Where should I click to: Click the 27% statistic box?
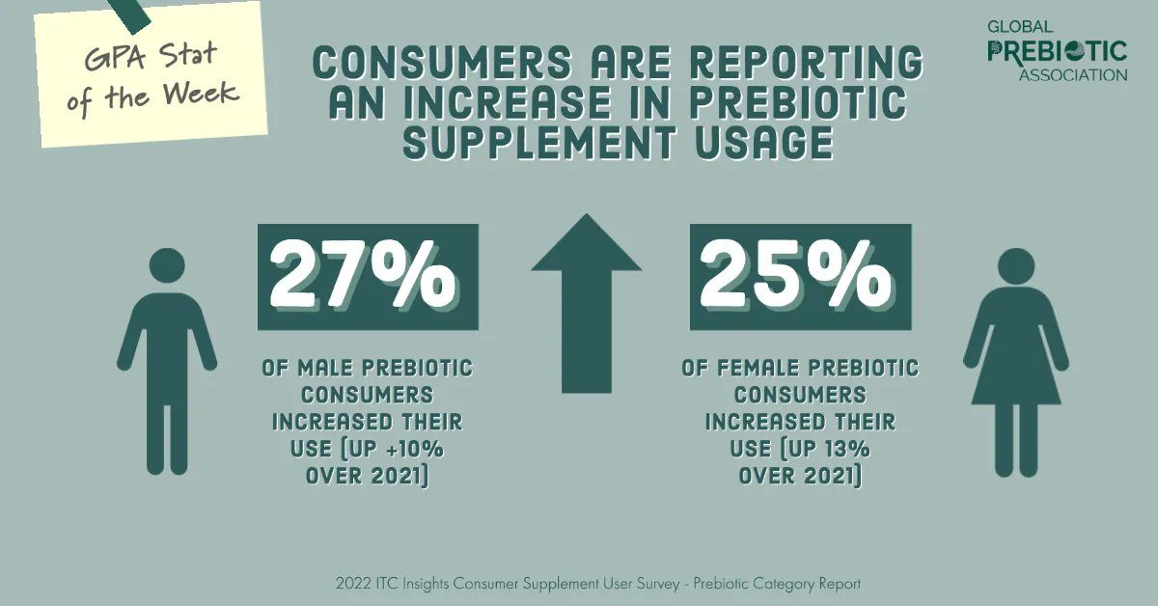[x=368, y=277]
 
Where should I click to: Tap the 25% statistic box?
[x=800, y=277]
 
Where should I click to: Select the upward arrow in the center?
[x=586, y=303]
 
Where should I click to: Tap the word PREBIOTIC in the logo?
[x=1057, y=50]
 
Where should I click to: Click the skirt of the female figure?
[x=1016, y=372]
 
